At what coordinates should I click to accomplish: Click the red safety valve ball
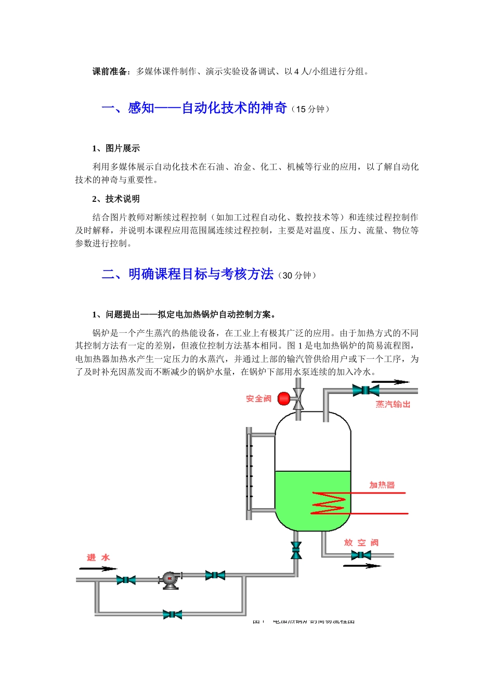pos(284,399)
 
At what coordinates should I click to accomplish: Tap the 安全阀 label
pos(258,399)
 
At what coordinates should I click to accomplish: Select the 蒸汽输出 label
pos(393,404)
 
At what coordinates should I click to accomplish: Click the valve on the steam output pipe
pos(366,390)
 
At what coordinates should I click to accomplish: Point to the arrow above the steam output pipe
pos(391,382)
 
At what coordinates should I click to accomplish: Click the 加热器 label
pos(382,485)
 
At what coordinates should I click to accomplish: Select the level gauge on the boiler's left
pos(250,472)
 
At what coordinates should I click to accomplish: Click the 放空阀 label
pos(361,542)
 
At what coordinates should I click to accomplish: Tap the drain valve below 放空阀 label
pos(361,555)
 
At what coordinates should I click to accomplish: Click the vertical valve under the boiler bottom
pos(296,550)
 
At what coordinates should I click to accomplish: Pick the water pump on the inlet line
pos(170,580)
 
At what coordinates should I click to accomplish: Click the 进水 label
pos(98,558)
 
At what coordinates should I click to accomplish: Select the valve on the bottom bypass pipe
pos(172,615)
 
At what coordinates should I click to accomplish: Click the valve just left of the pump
pos(126,580)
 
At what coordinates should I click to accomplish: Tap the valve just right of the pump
pos(215,575)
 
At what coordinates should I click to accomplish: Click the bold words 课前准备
pos(110,72)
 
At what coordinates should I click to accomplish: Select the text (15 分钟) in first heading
pos(310,109)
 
